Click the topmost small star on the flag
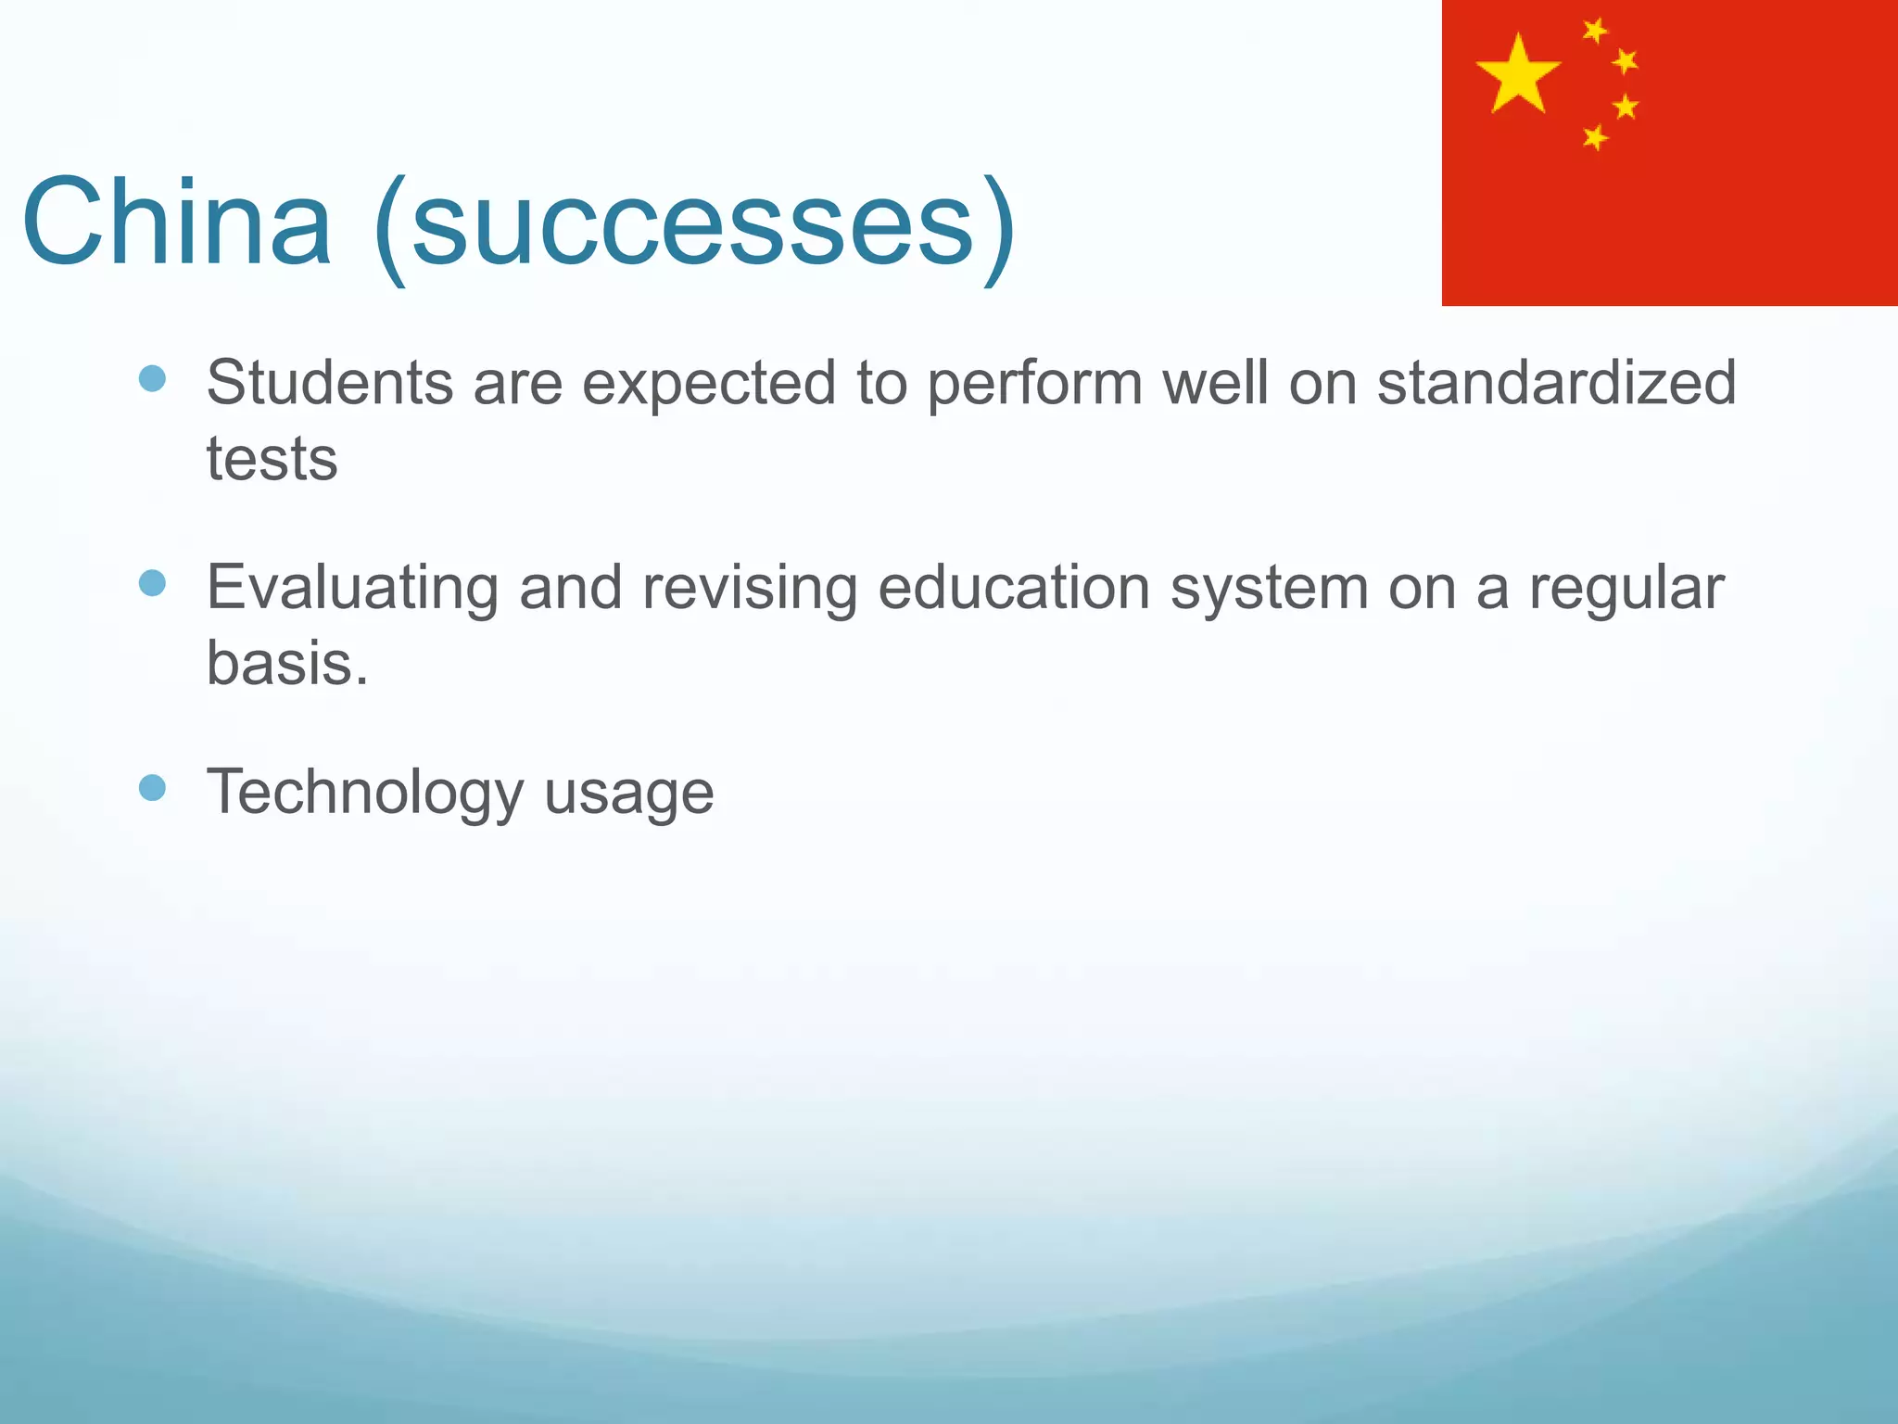pos(1595,31)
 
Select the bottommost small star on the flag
pos(1595,138)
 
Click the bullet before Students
pos(152,377)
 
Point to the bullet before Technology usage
pos(152,787)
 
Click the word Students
pos(329,382)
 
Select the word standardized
pos(1556,382)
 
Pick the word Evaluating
pos(352,588)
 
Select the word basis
pos(286,663)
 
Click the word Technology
pos(365,794)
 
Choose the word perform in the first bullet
pos(1034,384)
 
